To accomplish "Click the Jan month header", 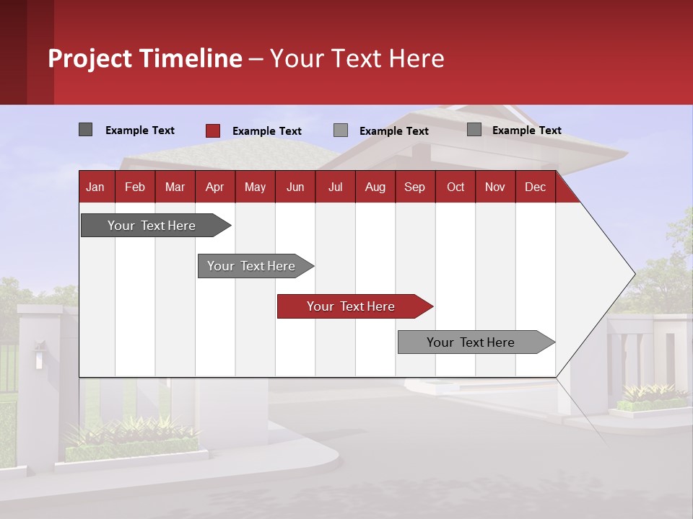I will (95, 187).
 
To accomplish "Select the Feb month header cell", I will (135, 187).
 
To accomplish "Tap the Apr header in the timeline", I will (214, 187).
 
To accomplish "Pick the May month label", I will (255, 187).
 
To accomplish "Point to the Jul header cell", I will (335, 187).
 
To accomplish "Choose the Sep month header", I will (414, 187).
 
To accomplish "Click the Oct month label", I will (456, 187).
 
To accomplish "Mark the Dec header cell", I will (535, 187).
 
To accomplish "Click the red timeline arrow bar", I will (354, 306).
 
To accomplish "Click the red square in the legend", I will (213, 130).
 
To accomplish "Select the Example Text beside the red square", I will (266, 131).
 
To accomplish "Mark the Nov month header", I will (495, 187).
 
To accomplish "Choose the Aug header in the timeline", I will (375, 187).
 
